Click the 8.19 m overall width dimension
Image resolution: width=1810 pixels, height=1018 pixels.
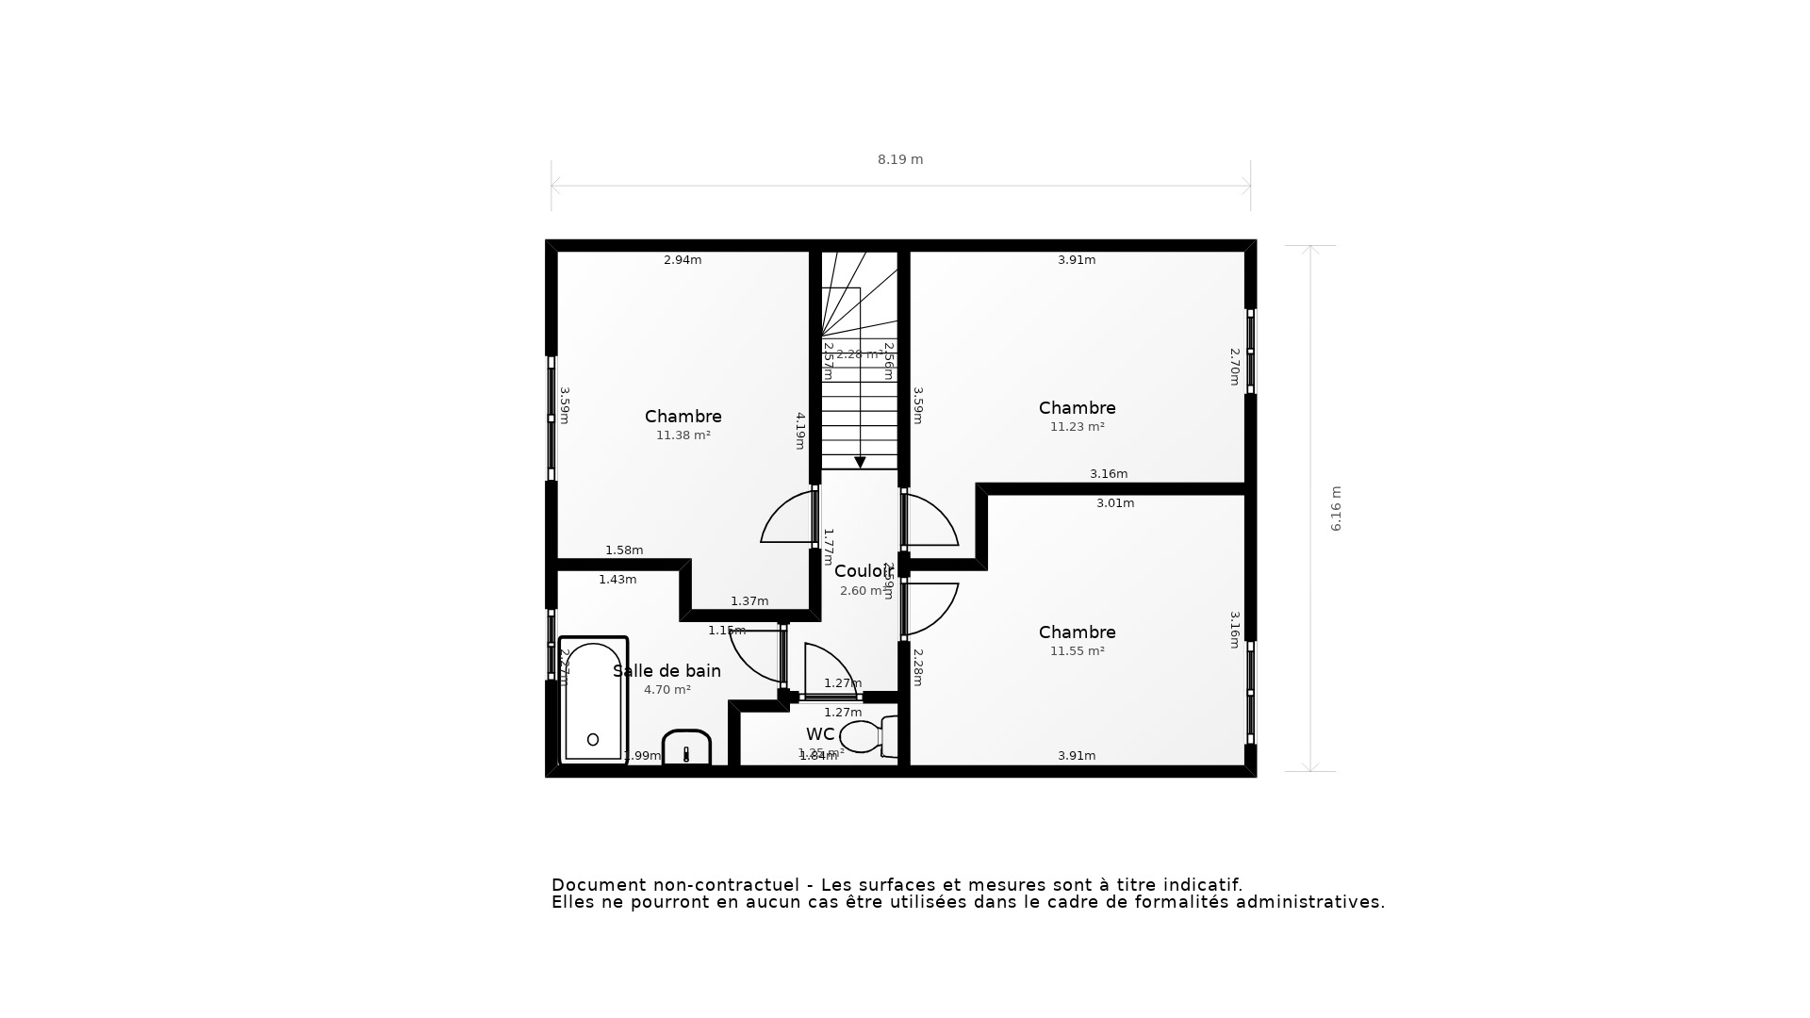click(900, 160)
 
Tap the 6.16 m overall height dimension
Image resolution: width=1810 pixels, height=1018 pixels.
click(1336, 509)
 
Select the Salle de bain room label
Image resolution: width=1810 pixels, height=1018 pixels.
click(666, 671)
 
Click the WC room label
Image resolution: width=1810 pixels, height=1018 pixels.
click(819, 734)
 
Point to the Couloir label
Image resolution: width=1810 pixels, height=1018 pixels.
click(863, 571)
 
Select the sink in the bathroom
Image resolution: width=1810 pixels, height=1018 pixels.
click(686, 748)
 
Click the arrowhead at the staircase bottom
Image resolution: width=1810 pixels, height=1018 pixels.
click(860, 463)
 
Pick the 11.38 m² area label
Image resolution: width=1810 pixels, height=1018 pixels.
click(683, 435)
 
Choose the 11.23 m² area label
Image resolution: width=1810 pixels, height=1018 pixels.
click(1078, 427)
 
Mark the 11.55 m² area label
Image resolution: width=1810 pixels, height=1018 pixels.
click(1078, 651)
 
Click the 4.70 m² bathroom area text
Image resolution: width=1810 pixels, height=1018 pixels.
click(667, 690)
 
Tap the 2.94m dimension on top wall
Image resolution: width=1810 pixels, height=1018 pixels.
click(683, 260)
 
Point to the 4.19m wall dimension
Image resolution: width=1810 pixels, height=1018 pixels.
click(800, 430)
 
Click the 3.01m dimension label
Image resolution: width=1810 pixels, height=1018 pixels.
click(1115, 503)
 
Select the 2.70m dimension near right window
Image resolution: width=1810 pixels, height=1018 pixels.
click(1234, 367)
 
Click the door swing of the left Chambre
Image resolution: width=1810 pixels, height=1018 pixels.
click(787, 519)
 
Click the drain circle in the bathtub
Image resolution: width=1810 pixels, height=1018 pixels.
click(593, 740)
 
